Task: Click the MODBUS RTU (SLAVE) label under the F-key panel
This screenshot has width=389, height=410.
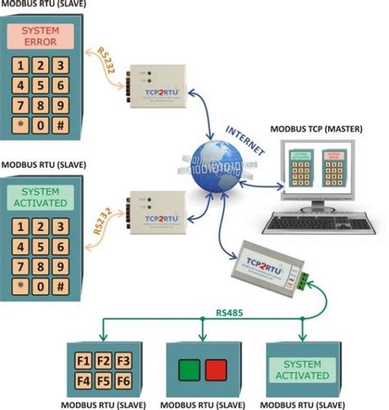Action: pyautogui.click(x=97, y=403)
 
